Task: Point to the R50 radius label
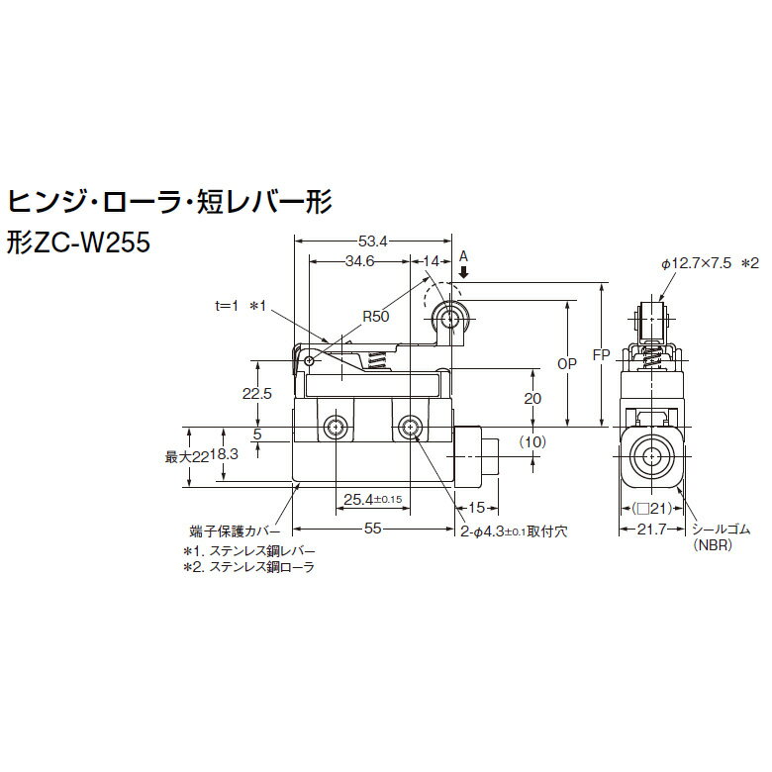(x=375, y=318)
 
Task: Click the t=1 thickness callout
(x=231, y=308)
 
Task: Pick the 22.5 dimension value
(x=257, y=393)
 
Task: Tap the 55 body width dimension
(x=373, y=530)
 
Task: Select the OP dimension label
(x=566, y=363)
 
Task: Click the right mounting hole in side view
(x=410, y=428)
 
